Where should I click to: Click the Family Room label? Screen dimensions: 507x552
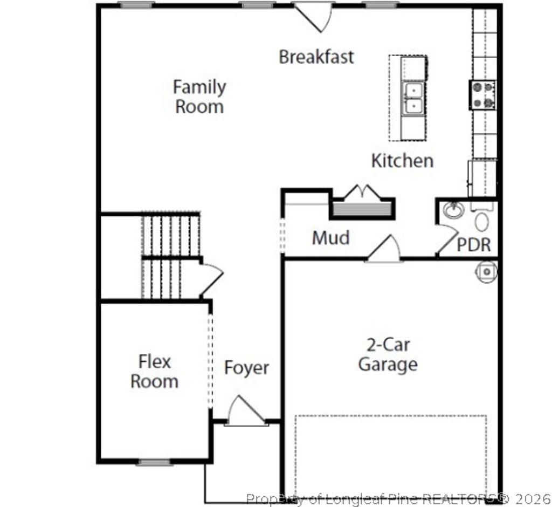tap(199, 97)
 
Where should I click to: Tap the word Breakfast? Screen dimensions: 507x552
tap(316, 57)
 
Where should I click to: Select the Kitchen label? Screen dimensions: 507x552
tap(402, 160)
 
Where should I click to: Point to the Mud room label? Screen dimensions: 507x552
tap(330, 238)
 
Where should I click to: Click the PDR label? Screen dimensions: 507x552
tap(474, 244)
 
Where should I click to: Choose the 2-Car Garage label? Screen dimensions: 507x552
tap(388, 354)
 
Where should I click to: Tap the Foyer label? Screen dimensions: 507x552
tap(246, 368)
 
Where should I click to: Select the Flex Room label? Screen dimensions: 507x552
tap(154, 371)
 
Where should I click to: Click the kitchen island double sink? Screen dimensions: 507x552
tap(414, 98)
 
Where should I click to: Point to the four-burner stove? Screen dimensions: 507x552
tap(482, 95)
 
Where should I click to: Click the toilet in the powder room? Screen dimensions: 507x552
tap(482, 220)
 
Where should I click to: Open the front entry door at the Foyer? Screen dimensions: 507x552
tap(245, 413)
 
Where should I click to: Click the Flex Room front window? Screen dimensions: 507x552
tap(154, 462)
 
